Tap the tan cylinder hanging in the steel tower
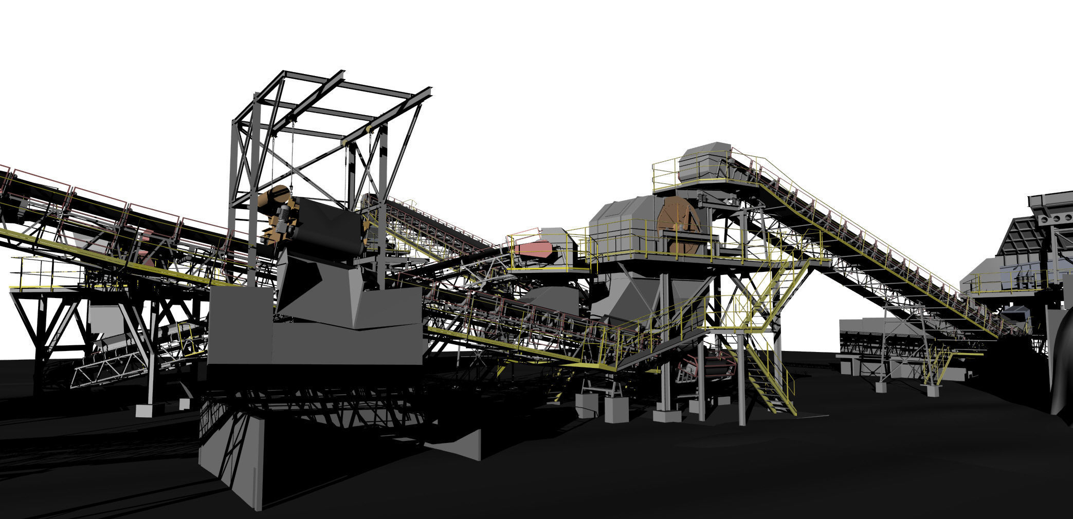coord(272,200)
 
